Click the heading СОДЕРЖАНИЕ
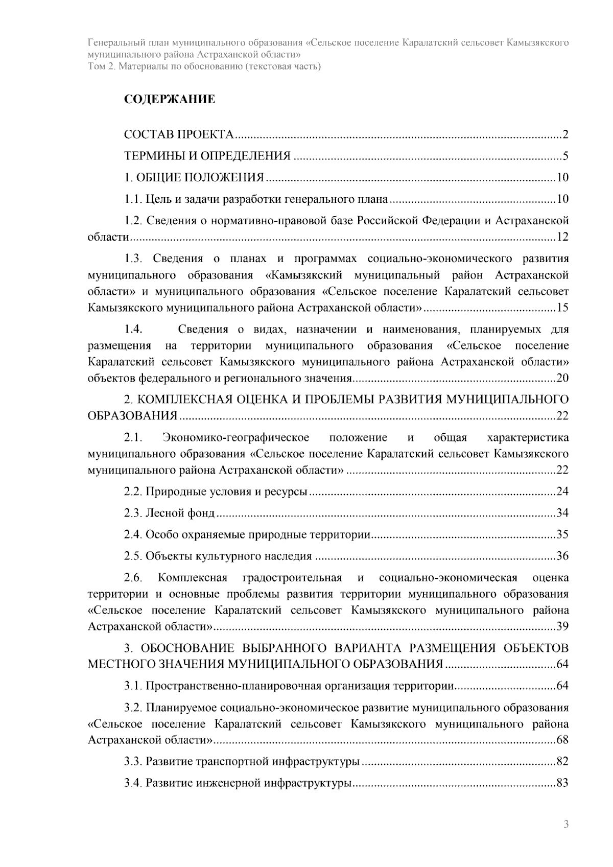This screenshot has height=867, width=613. pyautogui.click(x=170, y=99)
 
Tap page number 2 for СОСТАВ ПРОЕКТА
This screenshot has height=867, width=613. pyautogui.click(x=565, y=135)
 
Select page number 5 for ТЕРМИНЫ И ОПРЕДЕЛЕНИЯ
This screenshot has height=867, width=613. pyautogui.click(x=565, y=156)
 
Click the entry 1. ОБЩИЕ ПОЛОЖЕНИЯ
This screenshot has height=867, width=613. pyautogui.click(x=194, y=178)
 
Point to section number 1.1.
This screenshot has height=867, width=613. pyautogui.click(x=133, y=199)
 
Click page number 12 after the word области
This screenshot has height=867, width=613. pyautogui.click(x=562, y=237)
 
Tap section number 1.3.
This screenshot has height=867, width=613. pyautogui.click(x=133, y=259)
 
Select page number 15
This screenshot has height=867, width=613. pyautogui.click(x=562, y=308)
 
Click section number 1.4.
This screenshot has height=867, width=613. pyautogui.click(x=133, y=330)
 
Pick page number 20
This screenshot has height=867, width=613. pyautogui.click(x=562, y=379)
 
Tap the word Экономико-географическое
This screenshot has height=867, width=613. pyautogui.click(x=236, y=438)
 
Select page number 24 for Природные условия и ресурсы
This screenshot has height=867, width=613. pyautogui.click(x=562, y=492)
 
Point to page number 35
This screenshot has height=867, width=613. pyautogui.click(x=562, y=535)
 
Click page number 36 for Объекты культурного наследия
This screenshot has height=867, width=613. pyautogui.click(x=562, y=556)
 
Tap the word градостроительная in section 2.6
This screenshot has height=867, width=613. pyautogui.click(x=292, y=578)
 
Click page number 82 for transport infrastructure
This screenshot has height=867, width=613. pyautogui.click(x=562, y=762)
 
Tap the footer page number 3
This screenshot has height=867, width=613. pyautogui.click(x=565, y=824)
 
